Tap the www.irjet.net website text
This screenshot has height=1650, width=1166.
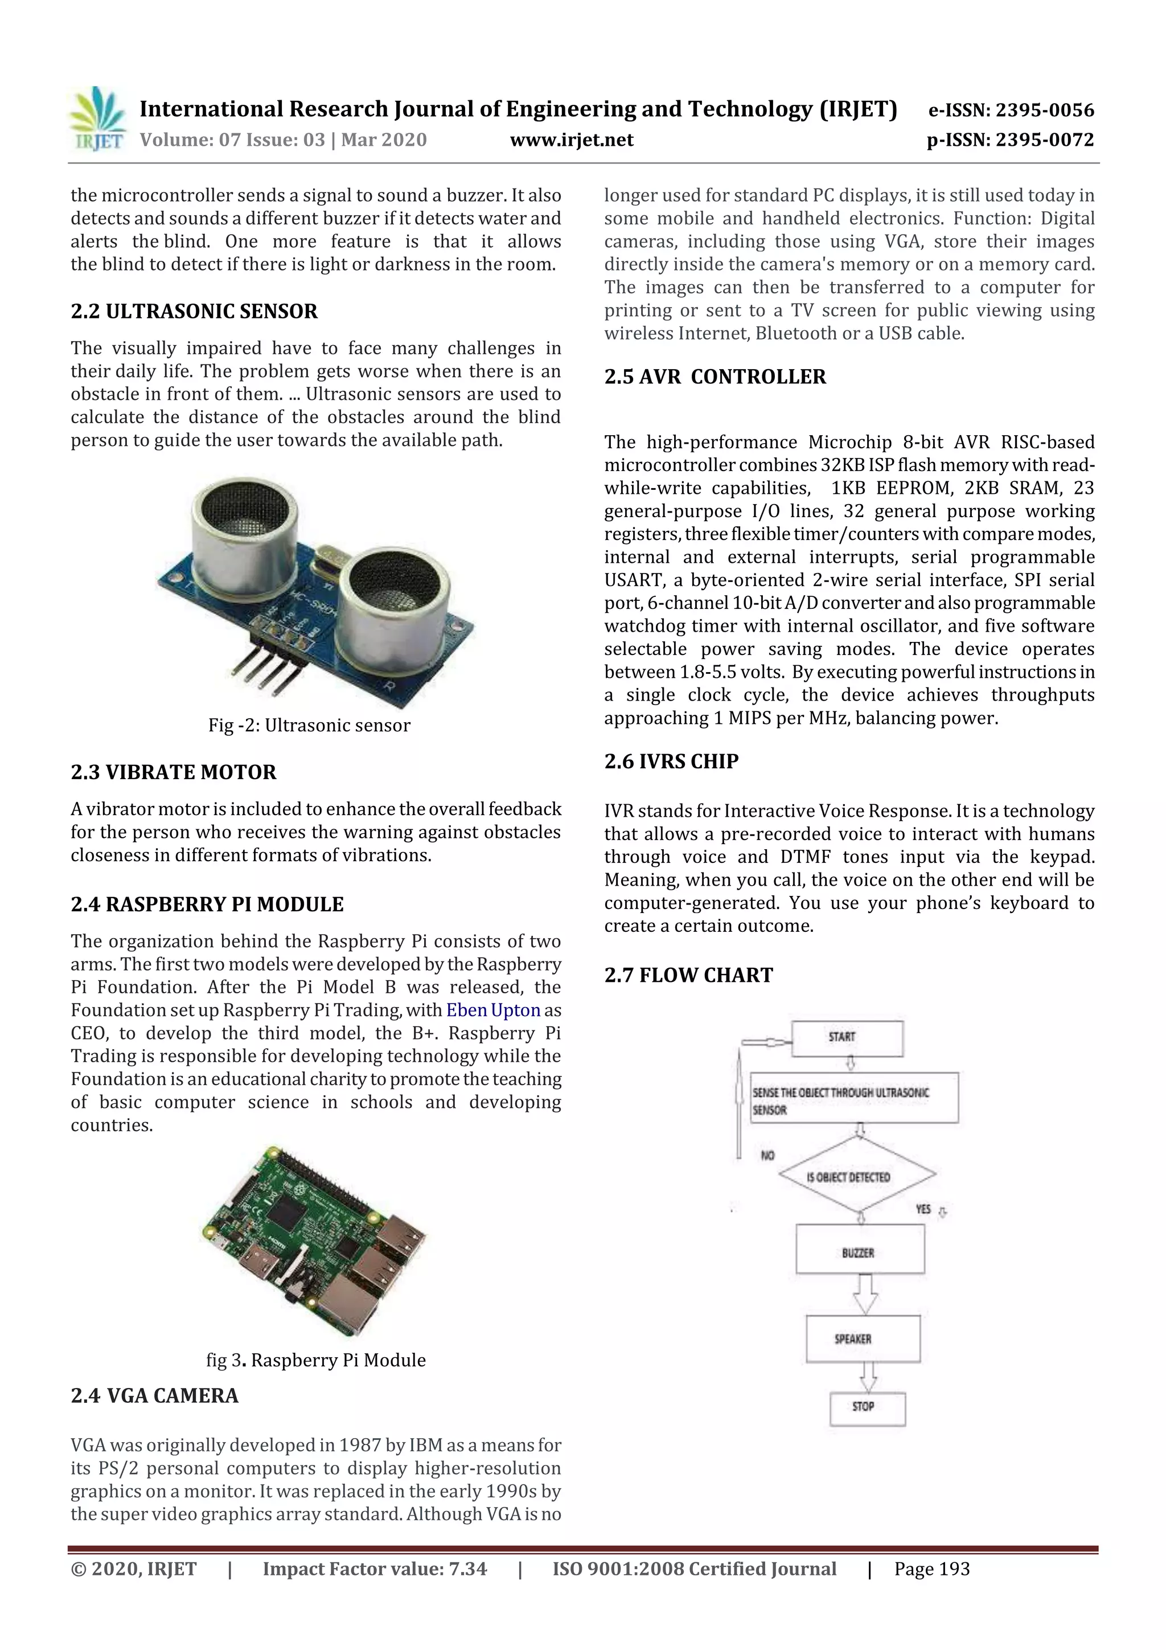point(571,140)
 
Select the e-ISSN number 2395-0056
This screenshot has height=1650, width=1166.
point(1044,110)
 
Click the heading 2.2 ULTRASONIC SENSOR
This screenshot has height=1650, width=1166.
point(194,311)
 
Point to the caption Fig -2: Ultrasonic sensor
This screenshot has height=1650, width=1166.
point(309,725)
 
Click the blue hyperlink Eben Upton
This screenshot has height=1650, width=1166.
point(493,1010)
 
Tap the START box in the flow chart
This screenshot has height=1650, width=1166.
point(846,1037)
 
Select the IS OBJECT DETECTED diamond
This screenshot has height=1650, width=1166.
point(856,1177)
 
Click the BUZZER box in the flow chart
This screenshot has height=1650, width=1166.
point(859,1252)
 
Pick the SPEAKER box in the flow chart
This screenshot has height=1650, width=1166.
point(862,1338)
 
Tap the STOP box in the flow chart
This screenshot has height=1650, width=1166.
point(867,1406)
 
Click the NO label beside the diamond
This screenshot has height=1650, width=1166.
point(767,1156)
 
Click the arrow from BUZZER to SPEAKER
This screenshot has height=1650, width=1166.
point(864,1293)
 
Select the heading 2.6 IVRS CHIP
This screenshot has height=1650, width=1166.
point(671,761)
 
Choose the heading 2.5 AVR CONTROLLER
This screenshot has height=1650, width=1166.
point(715,376)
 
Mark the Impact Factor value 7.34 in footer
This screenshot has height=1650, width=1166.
point(374,1569)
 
